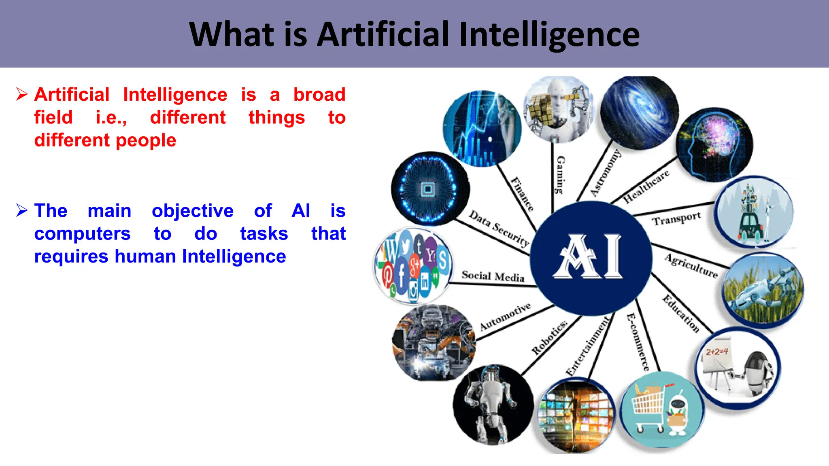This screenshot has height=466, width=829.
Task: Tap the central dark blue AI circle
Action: [591, 258]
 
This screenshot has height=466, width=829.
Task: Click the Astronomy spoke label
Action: [605, 173]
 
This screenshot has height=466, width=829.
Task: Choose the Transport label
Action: [676, 219]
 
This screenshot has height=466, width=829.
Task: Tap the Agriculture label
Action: [691, 266]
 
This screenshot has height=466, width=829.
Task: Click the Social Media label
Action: [493, 276]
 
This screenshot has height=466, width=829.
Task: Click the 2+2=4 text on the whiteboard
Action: [717, 352]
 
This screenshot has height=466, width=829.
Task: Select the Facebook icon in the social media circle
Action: [401, 275]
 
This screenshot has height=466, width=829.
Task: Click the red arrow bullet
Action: [22, 94]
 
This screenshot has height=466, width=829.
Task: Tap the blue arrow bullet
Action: [22, 210]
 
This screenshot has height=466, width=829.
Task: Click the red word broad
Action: [319, 95]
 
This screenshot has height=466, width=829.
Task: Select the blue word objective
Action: [193, 211]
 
